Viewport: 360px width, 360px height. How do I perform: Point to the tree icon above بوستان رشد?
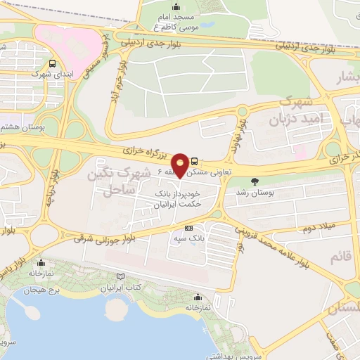tap(254, 181)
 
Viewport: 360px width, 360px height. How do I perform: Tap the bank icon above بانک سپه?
tap(188, 229)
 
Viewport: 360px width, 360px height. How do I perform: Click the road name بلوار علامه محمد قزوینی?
tap(268, 243)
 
